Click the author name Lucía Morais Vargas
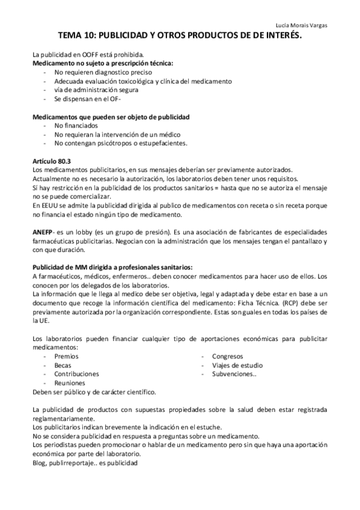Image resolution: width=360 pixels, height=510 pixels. pyautogui.click(x=305, y=25)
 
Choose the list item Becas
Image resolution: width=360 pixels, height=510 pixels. pyautogui.click(x=63, y=365)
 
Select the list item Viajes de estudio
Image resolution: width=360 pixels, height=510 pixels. pyautogui.click(x=237, y=365)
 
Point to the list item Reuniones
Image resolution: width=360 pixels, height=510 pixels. pyautogui.click(x=69, y=382)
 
